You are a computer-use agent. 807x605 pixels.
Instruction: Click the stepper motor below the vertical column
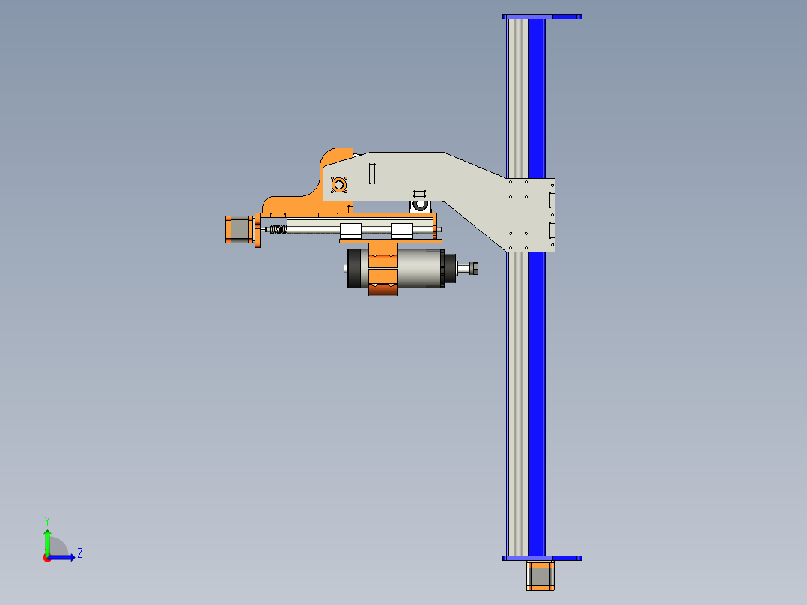[540, 576]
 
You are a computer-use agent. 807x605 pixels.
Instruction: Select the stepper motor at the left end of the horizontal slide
[237, 229]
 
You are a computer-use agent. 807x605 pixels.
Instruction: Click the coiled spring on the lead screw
[276, 229]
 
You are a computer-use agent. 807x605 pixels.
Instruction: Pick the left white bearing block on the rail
[351, 230]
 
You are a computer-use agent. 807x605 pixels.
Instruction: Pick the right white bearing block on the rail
[402, 230]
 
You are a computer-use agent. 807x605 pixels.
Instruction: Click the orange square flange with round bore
[338, 184]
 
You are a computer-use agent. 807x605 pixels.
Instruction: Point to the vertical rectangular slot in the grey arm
[371, 173]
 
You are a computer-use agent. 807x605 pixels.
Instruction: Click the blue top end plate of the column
[542, 16]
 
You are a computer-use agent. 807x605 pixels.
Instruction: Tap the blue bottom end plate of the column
[542, 558]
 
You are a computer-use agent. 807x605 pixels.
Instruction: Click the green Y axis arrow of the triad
[46, 541]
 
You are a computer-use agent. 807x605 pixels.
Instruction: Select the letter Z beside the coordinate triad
[80, 553]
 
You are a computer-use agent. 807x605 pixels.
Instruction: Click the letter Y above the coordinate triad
[46, 520]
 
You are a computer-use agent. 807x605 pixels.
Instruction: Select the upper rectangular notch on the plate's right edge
[552, 200]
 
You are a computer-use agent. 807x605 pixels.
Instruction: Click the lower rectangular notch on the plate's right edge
[552, 230]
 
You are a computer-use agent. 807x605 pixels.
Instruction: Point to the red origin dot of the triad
[46, 557]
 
